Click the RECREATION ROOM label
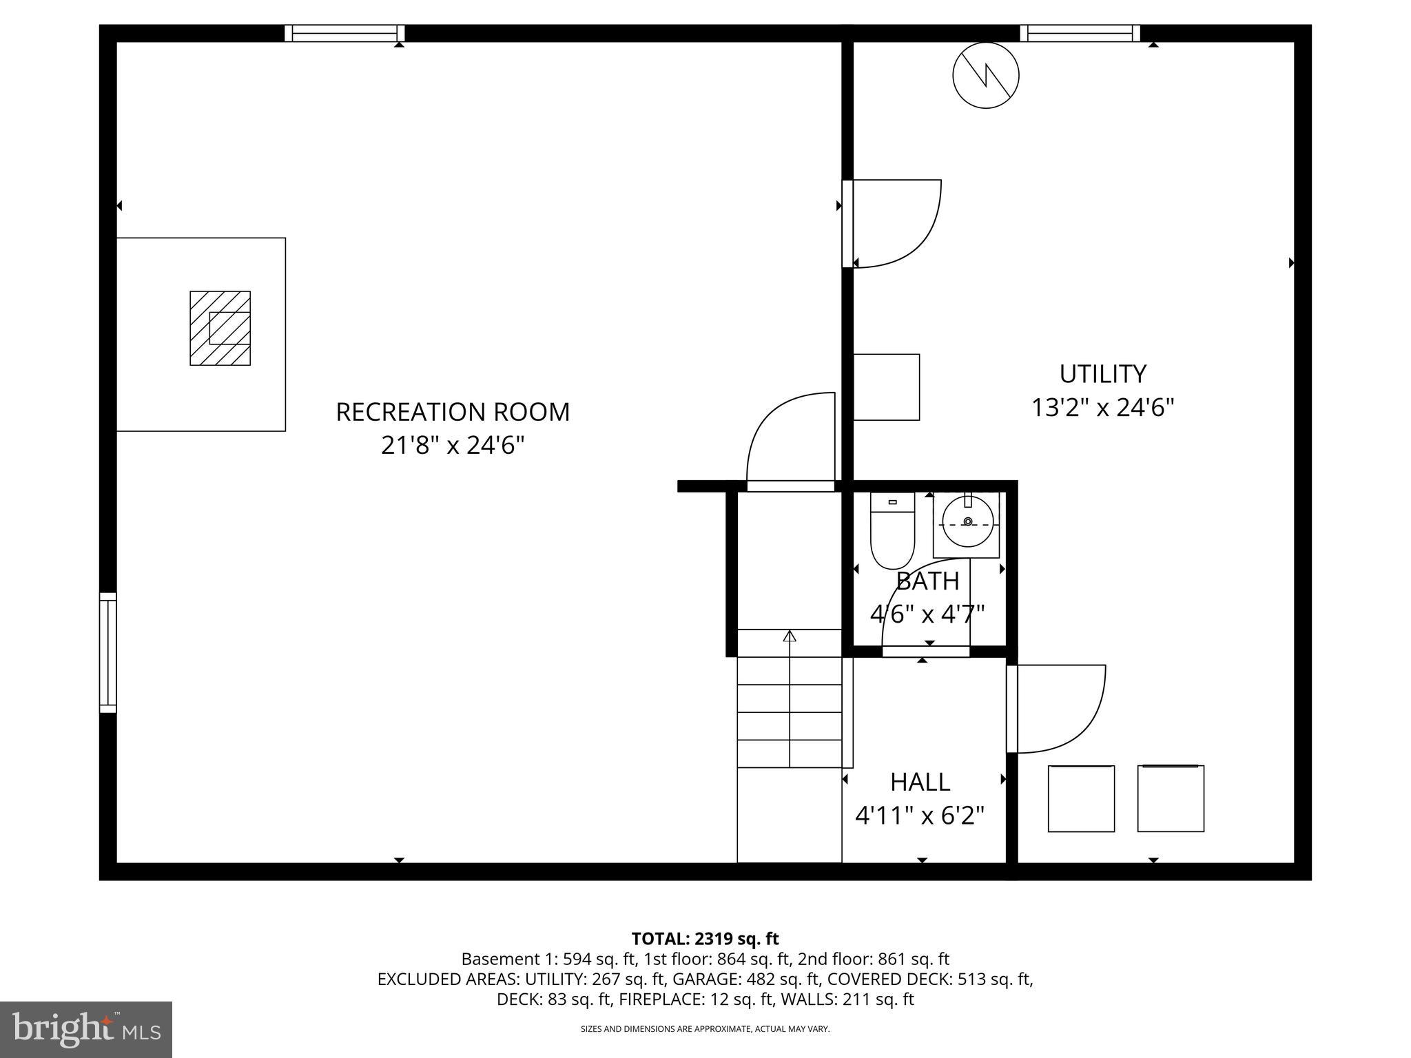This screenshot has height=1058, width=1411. [x=453, y=412]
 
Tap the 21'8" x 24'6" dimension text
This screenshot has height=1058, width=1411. [x=453, y=446]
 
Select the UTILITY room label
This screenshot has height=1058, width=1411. [x=1102, y=374]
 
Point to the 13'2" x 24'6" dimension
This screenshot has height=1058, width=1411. [x=1102, y=408]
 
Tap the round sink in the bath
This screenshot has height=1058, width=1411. [x=967, y=522]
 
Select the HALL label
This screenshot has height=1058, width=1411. [x=920, y=782]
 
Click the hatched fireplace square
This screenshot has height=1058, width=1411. [x=220, y=328]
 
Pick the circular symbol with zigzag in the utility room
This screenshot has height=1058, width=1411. [x=986, y=75]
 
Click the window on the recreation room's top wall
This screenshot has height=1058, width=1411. [x=344, y=33]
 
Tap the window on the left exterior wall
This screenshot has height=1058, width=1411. [x=108, y=652]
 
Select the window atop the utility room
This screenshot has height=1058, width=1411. [x=1080, y=33]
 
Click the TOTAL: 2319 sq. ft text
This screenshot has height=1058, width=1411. [x=705, y=938]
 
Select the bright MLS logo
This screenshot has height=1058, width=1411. [x=86, y=1029]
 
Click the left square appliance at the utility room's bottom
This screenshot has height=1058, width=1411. [x=1081, y=798]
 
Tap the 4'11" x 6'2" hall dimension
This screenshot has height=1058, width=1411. [x=920, y=816]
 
